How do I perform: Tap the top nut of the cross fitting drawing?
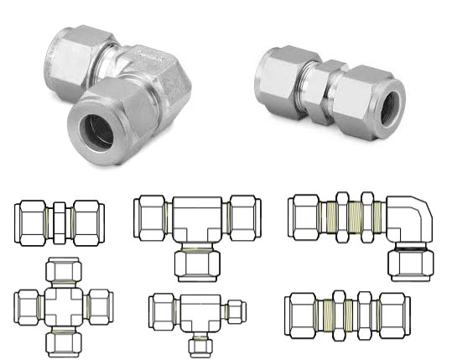click(64, 271)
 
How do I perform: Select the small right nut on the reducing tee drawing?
click(236, 311)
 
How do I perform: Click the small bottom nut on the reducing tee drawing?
click(197, 344)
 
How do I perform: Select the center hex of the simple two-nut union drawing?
click(59, 222)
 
